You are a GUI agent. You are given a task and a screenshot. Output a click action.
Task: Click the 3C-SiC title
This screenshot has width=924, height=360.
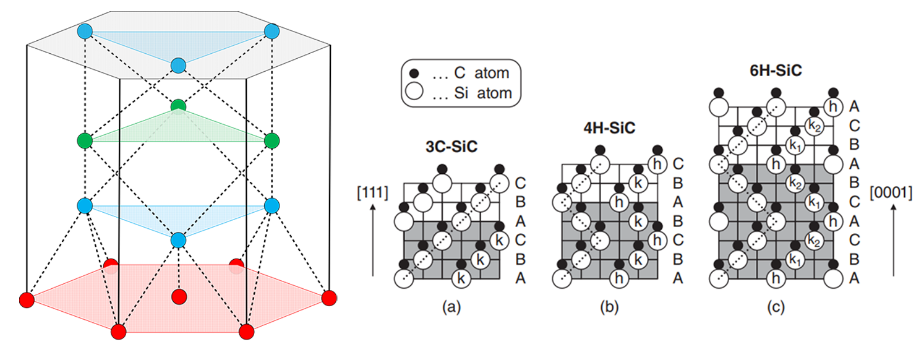(x=451, y=147)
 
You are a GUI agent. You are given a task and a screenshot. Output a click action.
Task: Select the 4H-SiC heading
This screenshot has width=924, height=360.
(x=609, y=128)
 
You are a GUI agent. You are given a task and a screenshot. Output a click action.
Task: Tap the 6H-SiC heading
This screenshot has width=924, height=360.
(x=776, y=71)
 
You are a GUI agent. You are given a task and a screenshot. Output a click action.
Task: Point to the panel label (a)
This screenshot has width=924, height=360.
(x=451, y=307)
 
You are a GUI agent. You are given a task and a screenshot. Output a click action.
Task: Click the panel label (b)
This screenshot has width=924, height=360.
(x=609, y=307)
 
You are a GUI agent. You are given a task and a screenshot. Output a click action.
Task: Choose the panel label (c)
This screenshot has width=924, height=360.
(x=776, y=307)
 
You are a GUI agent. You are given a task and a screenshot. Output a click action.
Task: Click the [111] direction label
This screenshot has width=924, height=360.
(x=372, y=192)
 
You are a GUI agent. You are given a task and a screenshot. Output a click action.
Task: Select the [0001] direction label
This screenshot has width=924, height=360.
(x=891, y=192)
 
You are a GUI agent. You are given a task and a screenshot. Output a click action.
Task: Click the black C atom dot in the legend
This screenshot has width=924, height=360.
(x=414, y=74)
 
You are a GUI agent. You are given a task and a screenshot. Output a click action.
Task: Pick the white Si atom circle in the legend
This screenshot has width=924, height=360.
(x=414, y=91)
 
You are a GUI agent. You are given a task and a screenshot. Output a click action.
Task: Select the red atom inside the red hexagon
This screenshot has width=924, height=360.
(x=179, y=296)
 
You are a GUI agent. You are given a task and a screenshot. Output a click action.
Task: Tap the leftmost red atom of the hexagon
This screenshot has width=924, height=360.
(x=27, y=300)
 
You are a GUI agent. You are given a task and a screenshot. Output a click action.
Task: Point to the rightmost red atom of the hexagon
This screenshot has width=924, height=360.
(x=329, y=298)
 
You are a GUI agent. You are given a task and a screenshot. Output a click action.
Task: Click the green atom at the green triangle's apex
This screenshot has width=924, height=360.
(x=178, y=107)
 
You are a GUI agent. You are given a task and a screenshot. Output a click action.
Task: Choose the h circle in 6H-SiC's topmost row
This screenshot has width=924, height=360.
(x=833, y=107)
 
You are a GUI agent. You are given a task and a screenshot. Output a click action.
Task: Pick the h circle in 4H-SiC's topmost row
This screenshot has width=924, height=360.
(x=657, y=164)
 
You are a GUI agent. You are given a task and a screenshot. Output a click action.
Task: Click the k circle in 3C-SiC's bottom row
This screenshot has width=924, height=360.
(x=461, y=279)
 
